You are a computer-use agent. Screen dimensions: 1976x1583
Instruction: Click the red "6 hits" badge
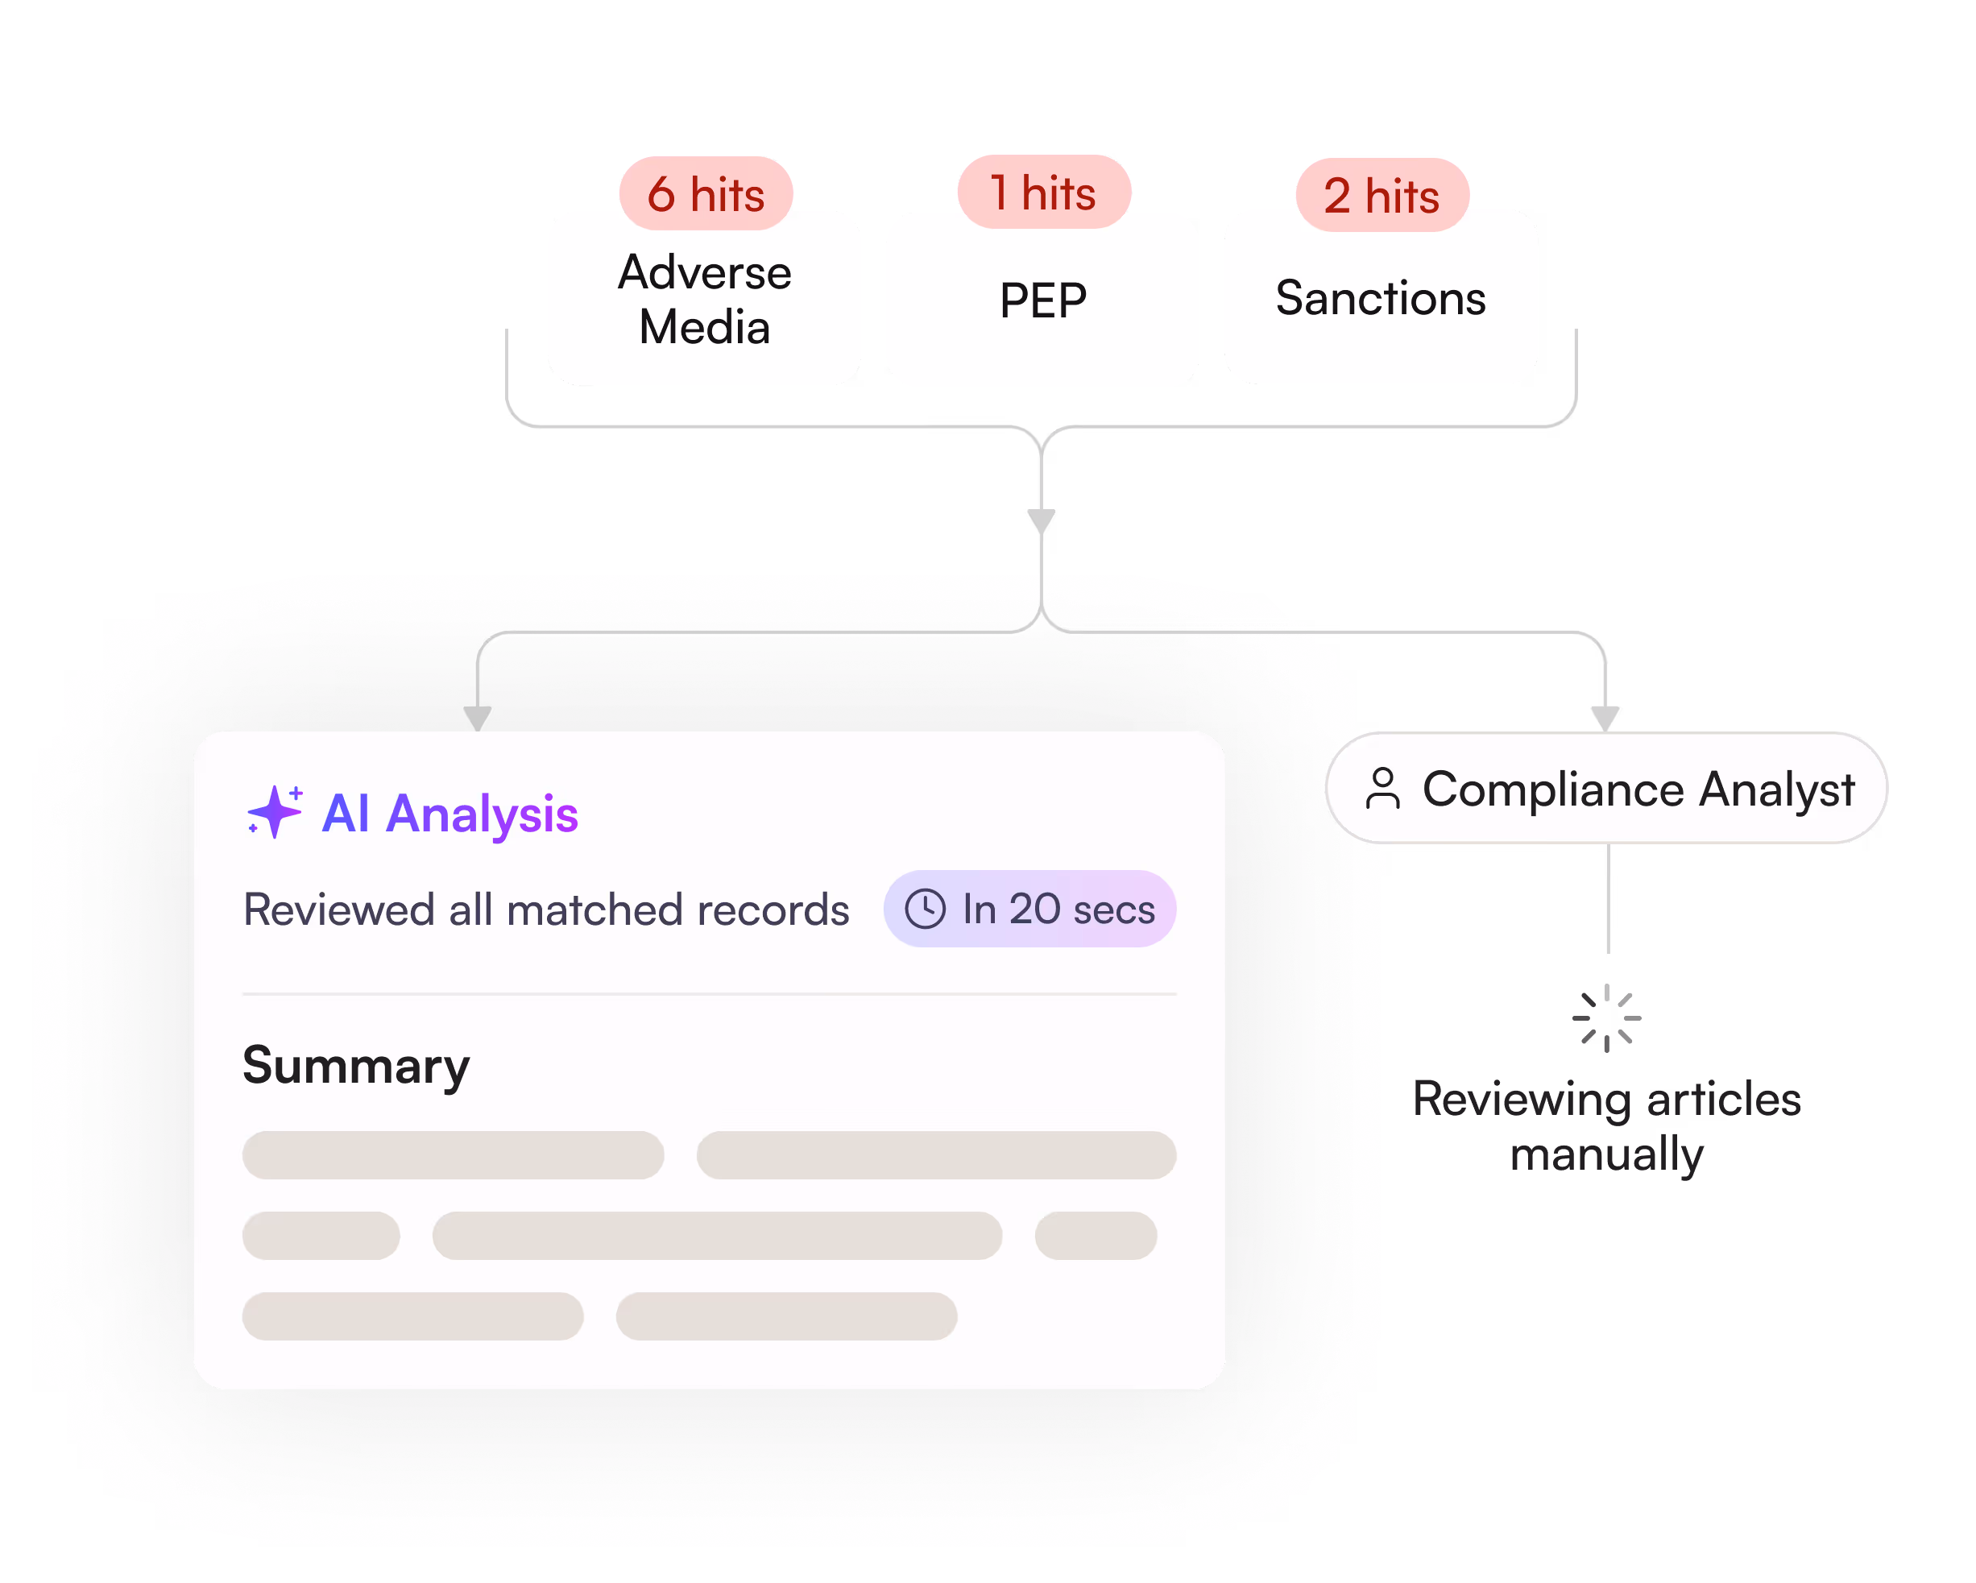tap(706, 193)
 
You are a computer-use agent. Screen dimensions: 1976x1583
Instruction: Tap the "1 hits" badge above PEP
tap(1044, 192)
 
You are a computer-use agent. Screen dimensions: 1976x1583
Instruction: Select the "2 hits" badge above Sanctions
tap(1382, 194)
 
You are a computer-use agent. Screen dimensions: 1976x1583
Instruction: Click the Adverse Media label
tap(705, 299)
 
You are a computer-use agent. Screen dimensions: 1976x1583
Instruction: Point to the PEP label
tap(1043, 300)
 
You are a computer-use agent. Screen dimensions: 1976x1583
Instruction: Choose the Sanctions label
tap(1380, 298)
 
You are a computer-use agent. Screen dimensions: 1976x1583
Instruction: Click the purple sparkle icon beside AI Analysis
tap(275, 812)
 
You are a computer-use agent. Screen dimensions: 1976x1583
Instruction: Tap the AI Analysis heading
tap(450, 814)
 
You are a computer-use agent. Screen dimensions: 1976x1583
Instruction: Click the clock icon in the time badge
tap(925, 909)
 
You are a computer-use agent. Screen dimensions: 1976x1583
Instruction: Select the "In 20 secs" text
tap(1058, 910)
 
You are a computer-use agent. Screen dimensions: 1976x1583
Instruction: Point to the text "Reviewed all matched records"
tap(546, 910)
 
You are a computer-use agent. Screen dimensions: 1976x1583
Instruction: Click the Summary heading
tap(355, 1066)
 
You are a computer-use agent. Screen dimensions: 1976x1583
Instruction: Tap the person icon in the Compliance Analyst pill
tap(1382, 789)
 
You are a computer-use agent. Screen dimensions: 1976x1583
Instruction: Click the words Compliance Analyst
tap(1638, 790)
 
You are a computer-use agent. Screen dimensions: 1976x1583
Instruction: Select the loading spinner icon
tap(1605, 1017)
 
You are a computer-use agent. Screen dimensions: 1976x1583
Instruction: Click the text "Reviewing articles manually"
tap(1606, 1126)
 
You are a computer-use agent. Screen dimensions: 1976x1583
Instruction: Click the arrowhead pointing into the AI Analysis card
tap(478, 718)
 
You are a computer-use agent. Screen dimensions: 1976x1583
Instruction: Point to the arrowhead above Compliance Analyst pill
tap(1605, 718)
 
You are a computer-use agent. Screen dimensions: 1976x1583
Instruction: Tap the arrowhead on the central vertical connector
tap(1041, 520)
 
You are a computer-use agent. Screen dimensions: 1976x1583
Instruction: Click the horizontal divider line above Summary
tap(710, 993)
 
